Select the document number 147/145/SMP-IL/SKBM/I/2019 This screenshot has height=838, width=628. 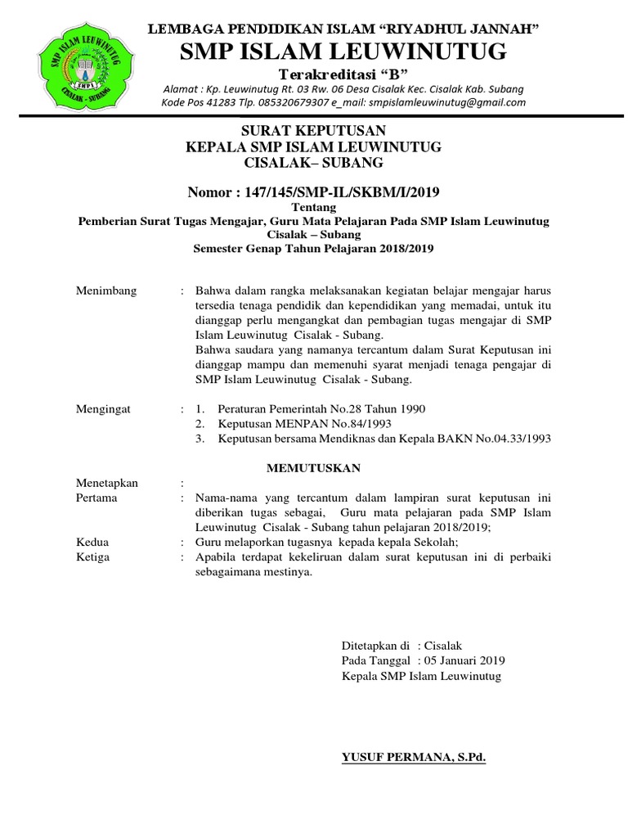(346, 192)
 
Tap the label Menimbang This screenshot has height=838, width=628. (106, 291)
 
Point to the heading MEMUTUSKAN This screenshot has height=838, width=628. (313, 467)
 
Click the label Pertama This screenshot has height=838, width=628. (96, 498)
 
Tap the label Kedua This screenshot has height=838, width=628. (92, 543)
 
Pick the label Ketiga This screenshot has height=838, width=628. (93, 557)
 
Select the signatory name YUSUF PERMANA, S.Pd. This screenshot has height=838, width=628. (414, 759)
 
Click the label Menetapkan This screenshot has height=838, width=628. (107, 483)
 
